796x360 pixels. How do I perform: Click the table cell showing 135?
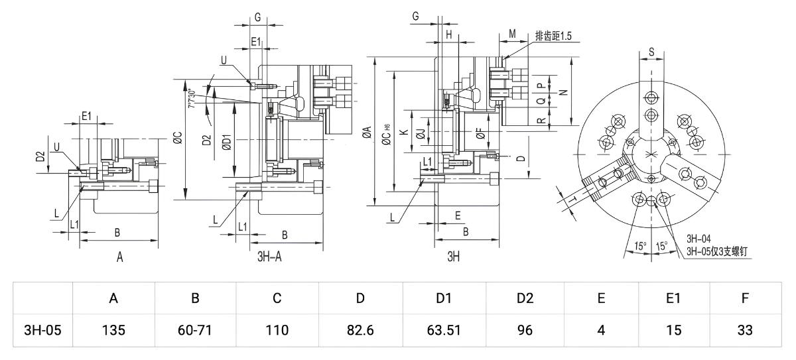113,330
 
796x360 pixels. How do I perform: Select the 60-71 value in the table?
195,330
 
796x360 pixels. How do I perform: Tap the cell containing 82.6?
360,330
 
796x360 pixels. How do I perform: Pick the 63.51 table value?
444,330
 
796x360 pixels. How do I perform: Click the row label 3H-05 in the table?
42,330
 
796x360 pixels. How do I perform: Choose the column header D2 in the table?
525,298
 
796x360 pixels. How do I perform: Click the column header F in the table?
745,298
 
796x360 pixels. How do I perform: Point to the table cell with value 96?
525,330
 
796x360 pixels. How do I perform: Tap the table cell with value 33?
745,330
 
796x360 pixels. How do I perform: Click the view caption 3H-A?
269,257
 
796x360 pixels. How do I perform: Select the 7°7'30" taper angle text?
192,98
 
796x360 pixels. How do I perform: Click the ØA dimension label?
367,132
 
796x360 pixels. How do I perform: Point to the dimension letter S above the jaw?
651,52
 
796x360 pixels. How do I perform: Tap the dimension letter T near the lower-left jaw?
572,200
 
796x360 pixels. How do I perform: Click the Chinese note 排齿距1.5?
553,36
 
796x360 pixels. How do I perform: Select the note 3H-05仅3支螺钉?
717,251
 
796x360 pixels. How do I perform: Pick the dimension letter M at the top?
512,34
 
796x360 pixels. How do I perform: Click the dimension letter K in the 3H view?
404,132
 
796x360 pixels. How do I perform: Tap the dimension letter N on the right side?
564,92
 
